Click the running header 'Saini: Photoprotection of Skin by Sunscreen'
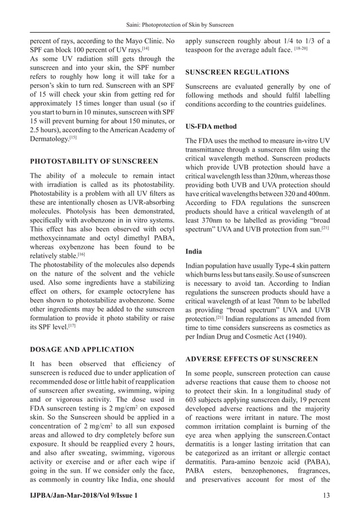click(180, 25)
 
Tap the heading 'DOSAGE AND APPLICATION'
click(82, 349)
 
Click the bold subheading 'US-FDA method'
click(211, 126)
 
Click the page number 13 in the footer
click(327, 495)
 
